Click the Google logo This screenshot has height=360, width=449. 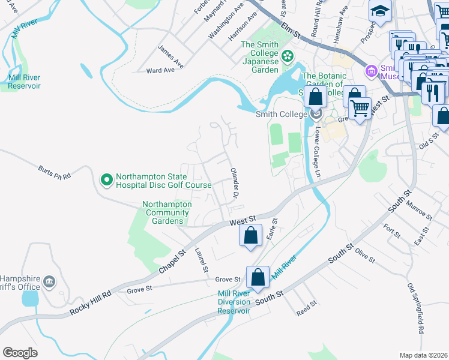(20, 353)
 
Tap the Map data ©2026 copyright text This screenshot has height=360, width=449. (423, 355)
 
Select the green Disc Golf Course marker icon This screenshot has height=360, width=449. (106, 179)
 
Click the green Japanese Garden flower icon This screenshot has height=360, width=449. (288, 56)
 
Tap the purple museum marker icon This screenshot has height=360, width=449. (371, 71)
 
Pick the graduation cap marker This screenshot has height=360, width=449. (380, 12)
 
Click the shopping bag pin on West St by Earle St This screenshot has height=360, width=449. (251, 235)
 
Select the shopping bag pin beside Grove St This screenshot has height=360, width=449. (258, 278)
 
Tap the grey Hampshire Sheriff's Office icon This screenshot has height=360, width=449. (49, 281)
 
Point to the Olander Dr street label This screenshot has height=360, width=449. (235, 184)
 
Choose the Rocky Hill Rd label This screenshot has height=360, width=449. (91, 303)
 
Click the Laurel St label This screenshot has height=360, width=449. (201, 259)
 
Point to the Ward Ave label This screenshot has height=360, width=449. (160, 70)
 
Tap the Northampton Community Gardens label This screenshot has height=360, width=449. (167, 212)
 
